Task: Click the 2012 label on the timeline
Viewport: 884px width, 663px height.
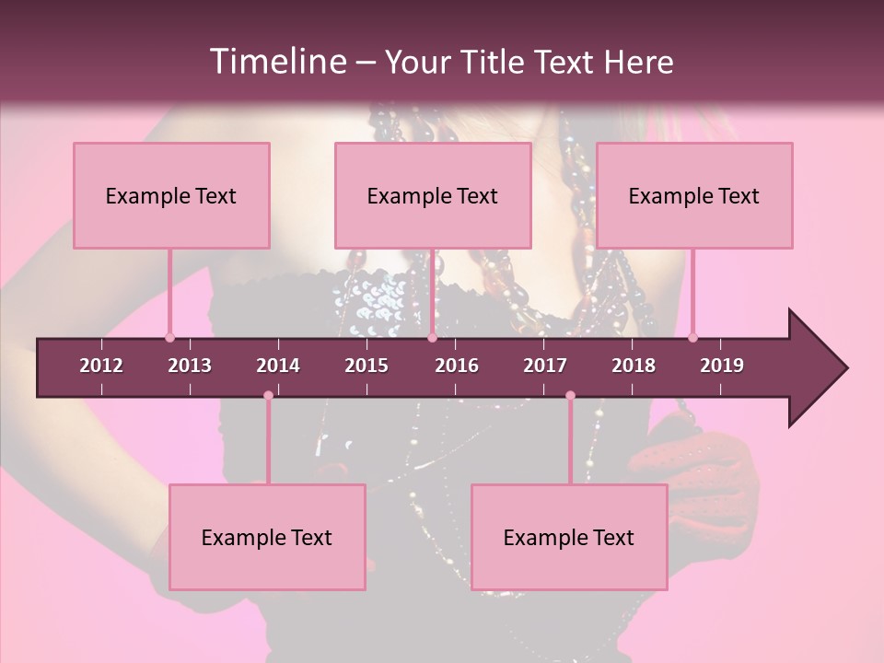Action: pyautogui.click(x=101, y=366)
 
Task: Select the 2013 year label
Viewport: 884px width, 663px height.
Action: pyautogui.click(x=190, y=366)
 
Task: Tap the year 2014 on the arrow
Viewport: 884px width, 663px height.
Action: pyautogui.click(x=278, y=366)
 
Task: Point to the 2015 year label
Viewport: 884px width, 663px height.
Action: pyautogui.click(x=366, y=366)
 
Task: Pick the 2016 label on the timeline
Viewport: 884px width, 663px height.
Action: pyautogui.click(x=457, y=366)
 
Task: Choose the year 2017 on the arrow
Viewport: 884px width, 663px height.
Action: pyautogui.click(x=545, y=366)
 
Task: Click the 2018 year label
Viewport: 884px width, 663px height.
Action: pyautogui.click(x=634, y=366)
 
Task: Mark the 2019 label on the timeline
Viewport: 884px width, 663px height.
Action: pyautogui.click(x=722, y=366)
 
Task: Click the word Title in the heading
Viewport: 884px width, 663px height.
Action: pyautogui.click(x=495, y=62)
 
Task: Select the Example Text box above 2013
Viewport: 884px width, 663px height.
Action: pyautogui.click(x=171, y=195)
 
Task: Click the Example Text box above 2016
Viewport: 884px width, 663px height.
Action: pyautogui.click(x=433, y=195)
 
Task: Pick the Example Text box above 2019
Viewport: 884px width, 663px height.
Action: pyautogui.click(x=694, y=195)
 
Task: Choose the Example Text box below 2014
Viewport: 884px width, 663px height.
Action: pyautogui.click(x=267, y=537)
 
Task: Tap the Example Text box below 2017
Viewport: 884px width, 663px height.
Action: pyautogui.click(x=569, y=537)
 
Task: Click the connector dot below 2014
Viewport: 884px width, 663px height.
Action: pyautogui.click(x=268, y=396)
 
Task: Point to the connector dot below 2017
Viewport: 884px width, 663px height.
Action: pyautogui.click(x=570, y=396)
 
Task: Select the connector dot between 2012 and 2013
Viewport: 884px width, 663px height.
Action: pyautogui.click(x=169, y=337)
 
